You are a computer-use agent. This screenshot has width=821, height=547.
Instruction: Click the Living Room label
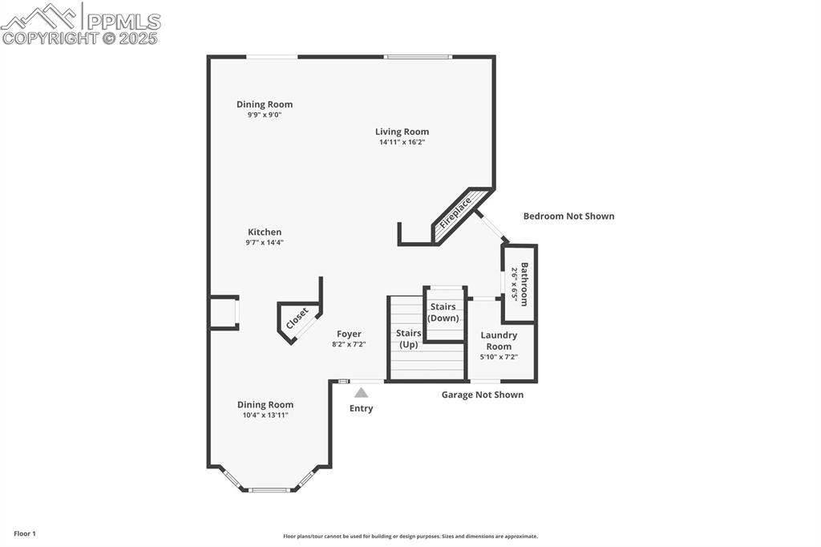coord(402,132)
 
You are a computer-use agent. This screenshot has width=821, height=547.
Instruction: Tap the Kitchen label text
coord(264,232)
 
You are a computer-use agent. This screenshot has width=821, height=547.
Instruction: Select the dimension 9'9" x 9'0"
coord(264,115)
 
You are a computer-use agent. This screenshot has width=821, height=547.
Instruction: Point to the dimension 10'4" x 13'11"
coord(265,415)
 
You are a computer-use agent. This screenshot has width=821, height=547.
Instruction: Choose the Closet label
coord(297,318)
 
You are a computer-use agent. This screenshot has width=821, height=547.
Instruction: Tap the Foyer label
coord(349,334)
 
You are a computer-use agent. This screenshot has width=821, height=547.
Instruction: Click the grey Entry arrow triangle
coord(362,392)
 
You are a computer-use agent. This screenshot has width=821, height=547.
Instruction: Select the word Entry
coord(361,408)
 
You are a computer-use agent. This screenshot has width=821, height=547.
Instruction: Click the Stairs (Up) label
coord(408,338)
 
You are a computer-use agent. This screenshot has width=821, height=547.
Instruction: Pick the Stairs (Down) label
coord(443,312)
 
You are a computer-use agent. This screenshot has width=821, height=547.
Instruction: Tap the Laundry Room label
coord(499,341)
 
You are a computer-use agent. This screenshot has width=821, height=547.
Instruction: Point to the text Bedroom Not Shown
coord(568,216)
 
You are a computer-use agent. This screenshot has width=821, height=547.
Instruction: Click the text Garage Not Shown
coord(483,395)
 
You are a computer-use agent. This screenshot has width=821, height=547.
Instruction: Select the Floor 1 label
coord(25,533)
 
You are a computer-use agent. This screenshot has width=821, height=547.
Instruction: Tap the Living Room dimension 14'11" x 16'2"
coord(402,142)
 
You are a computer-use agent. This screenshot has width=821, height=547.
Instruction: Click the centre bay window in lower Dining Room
coord(270,489)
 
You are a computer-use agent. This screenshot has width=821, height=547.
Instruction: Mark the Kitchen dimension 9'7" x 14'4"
coord(264,242)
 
